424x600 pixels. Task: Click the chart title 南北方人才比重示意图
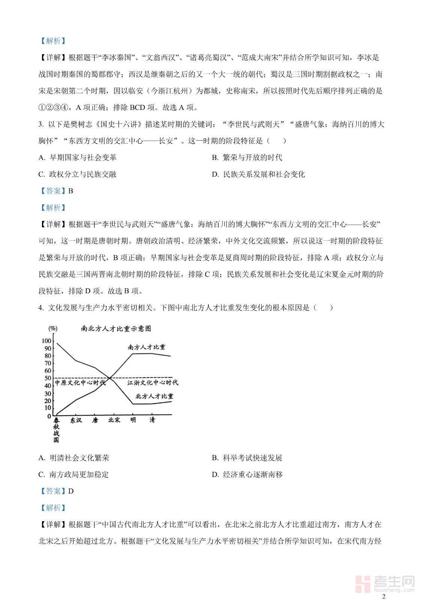point(116,328)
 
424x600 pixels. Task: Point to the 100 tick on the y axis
point(46,341)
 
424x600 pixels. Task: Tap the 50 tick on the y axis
point(48,378)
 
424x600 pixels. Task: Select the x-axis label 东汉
point(76,420)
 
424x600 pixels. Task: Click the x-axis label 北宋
point(114,420)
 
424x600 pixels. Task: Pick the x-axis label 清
point(152,420)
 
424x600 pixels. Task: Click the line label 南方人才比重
point(147,347)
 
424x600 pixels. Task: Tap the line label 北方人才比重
point(154,396)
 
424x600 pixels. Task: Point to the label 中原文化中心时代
point(80,383)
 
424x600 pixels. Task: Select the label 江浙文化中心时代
point(153,383)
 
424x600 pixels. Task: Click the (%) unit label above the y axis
point(53,329)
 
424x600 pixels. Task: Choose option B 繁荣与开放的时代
point(247,157)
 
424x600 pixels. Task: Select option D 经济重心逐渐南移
point(247,474)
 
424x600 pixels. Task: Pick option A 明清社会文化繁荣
point(74,458)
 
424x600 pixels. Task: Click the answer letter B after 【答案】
point(71,191)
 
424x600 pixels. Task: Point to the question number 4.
point(40,308)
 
